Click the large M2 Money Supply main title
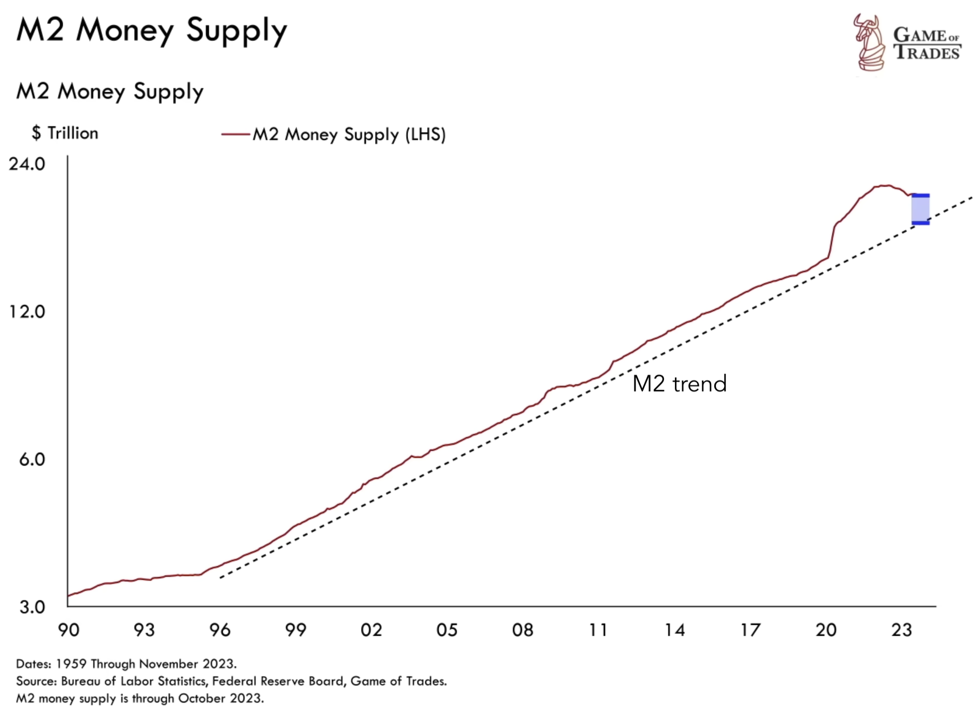[x=151, y=30]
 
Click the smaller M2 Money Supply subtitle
[x=110, y=92]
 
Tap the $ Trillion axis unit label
[x=65, y=133]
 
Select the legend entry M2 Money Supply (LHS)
[x=348, y=135]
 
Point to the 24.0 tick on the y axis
[x=27, y=164]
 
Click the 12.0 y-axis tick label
[x=27, y=312]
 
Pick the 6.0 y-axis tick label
[x=32, y=460]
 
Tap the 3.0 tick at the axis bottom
[x=32, y=607]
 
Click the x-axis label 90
[x=68, y=630]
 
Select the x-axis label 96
[x=220, y=630]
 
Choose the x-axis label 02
[x=371, y=630]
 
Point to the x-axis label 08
[x=523, y=630]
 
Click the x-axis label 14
[x=674, y=630]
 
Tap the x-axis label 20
[x=826, y=630]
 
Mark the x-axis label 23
[x=901, y=630]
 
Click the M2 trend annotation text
[x=679, y=384]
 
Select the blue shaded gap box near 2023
[x=920, y=209]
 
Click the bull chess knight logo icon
[x=869, y=43]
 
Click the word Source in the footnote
[x=35, y=681]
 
